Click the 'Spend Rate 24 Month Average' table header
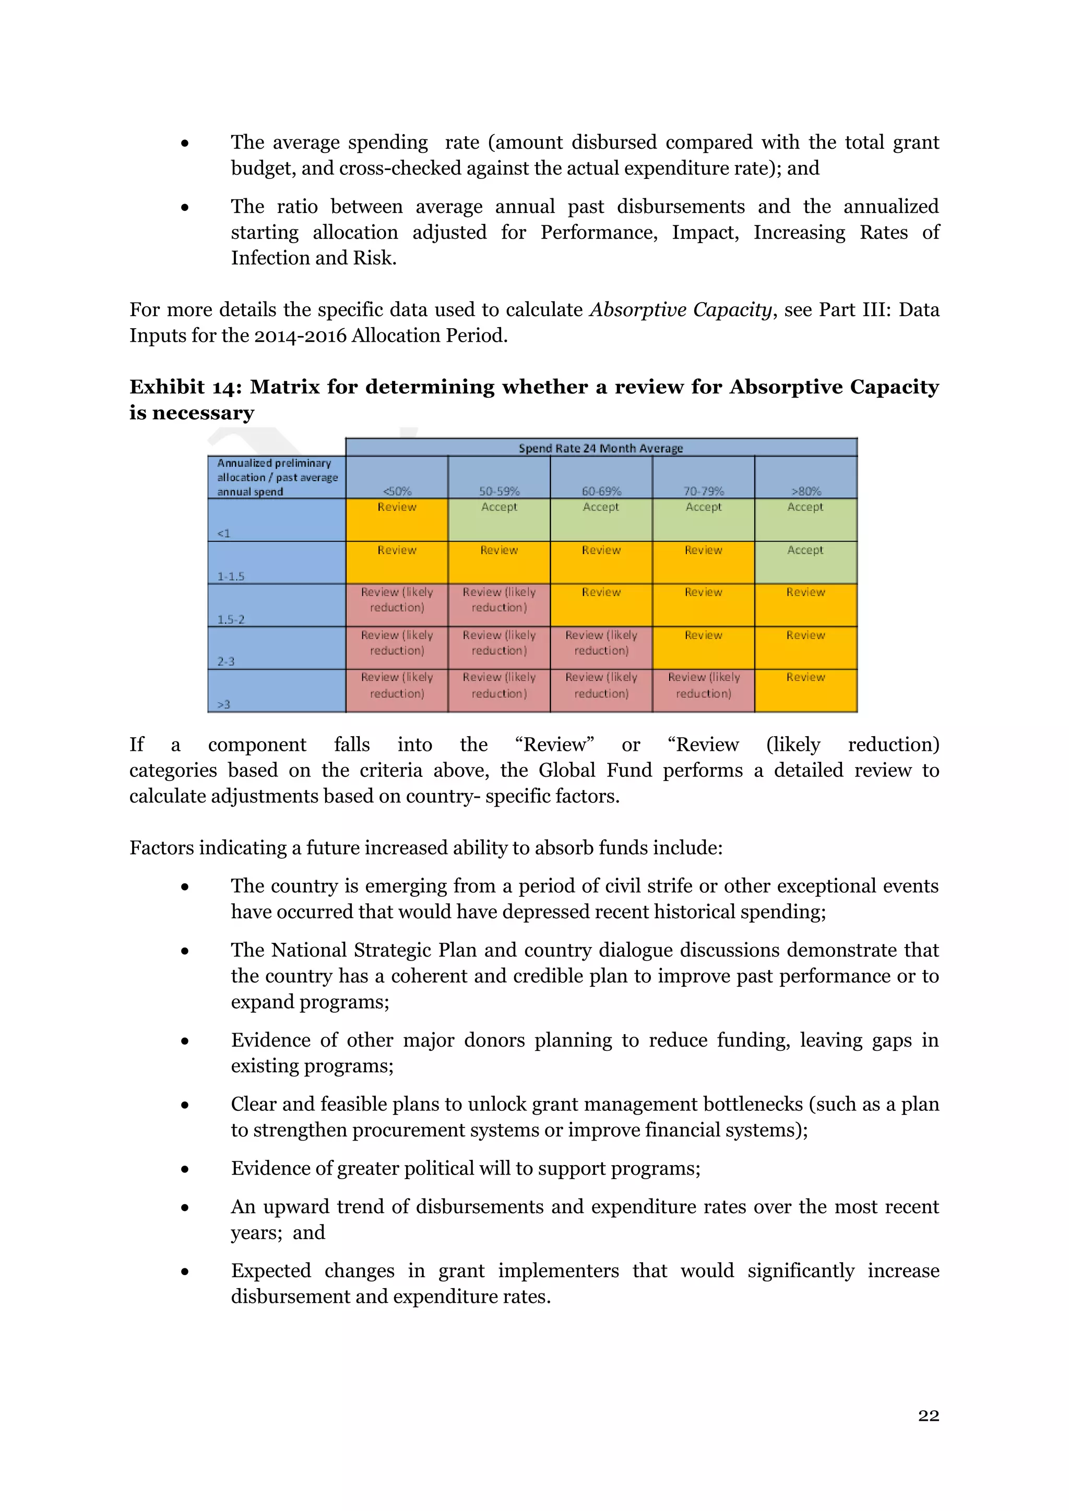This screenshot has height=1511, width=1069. (x=600, y=448)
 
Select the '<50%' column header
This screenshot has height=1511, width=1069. (x=397, y=491)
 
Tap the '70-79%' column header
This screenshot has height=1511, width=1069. (x=703, y=491)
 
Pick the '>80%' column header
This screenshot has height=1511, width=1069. (x=806, y=491)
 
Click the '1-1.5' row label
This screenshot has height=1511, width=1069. (x=231, y=576)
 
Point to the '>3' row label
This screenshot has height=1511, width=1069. (x=224, y=704)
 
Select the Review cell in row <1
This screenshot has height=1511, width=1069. (x=397, y=519)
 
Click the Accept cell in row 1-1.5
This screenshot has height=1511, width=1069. (x=806, y=562)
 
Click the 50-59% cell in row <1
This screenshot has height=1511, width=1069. (x=499, y=519)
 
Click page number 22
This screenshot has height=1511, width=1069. (x=928, y=1416)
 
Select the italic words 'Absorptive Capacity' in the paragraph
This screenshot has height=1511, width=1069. (x=680, y=309)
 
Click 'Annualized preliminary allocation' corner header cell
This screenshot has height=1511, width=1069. (x=277, y=477)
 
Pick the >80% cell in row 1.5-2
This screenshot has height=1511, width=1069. (x=806, y=605)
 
